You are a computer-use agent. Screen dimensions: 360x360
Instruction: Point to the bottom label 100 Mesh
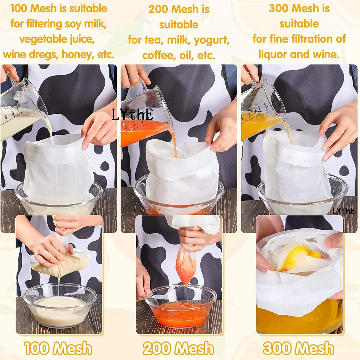pyautogui.click(x=58, y=349)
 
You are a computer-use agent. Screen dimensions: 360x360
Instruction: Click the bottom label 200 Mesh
pyautogui.click(x=178, y=349)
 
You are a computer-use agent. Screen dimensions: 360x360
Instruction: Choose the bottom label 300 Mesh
pyautogui.click(x=298, y=349)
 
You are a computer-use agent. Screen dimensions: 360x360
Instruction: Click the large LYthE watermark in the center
pyautogui.click(x=132, y=115)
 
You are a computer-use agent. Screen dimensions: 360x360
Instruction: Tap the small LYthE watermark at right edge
pyautogui.click(x=343, y=211)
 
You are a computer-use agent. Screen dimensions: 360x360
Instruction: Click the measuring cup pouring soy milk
pyautogui.click(x=21, y=108)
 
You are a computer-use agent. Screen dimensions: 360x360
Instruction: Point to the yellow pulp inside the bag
pyautogui.click(x=300, y=255)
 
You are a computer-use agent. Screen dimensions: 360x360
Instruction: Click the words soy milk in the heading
pyautogui.click(x=90, y=24)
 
